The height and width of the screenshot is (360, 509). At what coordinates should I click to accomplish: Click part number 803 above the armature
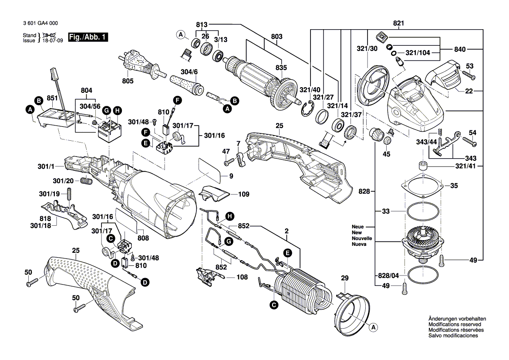(276, 37)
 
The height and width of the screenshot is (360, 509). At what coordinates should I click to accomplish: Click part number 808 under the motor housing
(143, 238)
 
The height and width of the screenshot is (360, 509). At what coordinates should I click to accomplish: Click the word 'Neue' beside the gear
(358, 227)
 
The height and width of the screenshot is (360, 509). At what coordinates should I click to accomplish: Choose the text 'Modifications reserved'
(455, 325)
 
